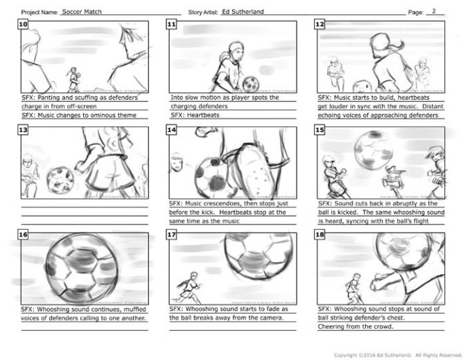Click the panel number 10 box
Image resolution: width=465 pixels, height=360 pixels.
coord(24,24)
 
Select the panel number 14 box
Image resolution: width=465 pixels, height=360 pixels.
coord(173,131)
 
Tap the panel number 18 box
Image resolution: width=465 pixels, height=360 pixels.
coord(320,237)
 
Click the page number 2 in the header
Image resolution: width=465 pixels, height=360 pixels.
coord(434,11)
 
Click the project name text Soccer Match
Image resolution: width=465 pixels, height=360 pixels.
coord(80,12)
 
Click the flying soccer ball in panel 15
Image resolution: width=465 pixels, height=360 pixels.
coord(374,148)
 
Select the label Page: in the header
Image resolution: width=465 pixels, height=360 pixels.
coord(416,12)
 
